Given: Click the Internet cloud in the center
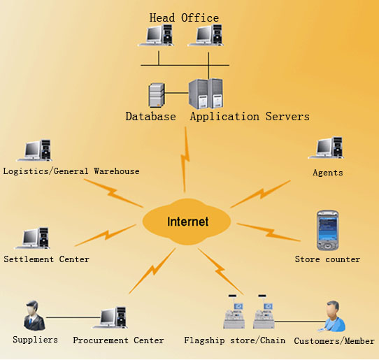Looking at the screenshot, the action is click(x=187, y=222).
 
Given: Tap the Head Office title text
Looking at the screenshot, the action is click(x=184, y=18).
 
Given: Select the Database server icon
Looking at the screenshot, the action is click(x=157, y=95).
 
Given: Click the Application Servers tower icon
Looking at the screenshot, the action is click(x=206, y=94).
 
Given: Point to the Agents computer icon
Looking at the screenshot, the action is click(x=326, y=148).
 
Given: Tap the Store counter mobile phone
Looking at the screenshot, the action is click(x=327, y=231).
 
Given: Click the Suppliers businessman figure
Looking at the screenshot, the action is click(x=34, y=315).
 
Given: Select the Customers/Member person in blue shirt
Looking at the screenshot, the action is click(x=334, y=316).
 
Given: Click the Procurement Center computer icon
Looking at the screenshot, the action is click(x=110, y=317).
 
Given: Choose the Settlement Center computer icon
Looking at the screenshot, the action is click(x=32, y=238).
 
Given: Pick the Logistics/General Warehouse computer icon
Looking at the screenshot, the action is click(x=34, y=150).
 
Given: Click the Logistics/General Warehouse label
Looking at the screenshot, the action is click(x=71, y=171).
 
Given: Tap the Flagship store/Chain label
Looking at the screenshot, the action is click(x=235, y=340).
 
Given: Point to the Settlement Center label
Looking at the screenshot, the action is click(x=46, y=259).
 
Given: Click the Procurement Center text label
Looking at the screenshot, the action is click(x=118, y=340).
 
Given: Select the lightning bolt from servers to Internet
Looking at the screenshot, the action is click(x=185, y=159).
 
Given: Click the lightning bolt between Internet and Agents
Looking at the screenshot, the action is click(x=261, y=194).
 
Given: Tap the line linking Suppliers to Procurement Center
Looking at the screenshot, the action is click(x=73, y=317).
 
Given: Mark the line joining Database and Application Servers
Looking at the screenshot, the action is click(x=176, y=93).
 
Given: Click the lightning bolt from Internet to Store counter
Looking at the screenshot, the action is click(x=269, y=232).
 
